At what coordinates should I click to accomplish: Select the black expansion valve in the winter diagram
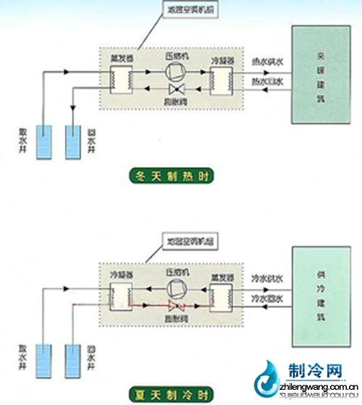pos(174,88)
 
